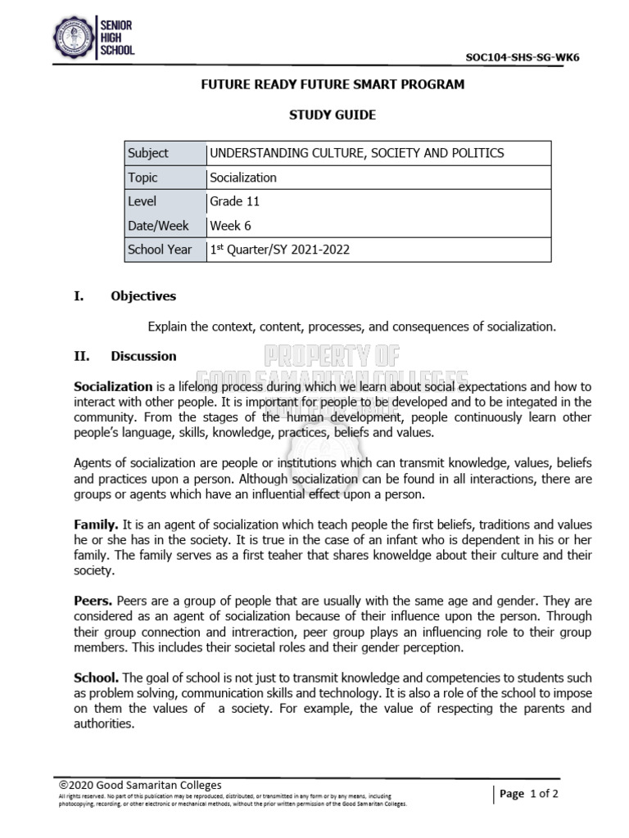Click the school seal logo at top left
[75, 38]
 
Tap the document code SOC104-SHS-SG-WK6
[527, 57]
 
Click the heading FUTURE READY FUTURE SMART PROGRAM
[333, 84]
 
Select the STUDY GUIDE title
[333, 115]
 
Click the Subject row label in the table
[148, 153]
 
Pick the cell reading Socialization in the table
[243, 178]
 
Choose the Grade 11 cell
[235, 201]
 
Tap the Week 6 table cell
[231, 226]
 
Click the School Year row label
[160, 250]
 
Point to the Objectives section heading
[143, 296]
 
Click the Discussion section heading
[143, 356]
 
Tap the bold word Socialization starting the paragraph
[113, 386]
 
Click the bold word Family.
[97, 524]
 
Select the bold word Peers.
[93, 601]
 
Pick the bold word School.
[97, 678]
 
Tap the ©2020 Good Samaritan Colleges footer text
[140, 785]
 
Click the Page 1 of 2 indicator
[528, 794]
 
